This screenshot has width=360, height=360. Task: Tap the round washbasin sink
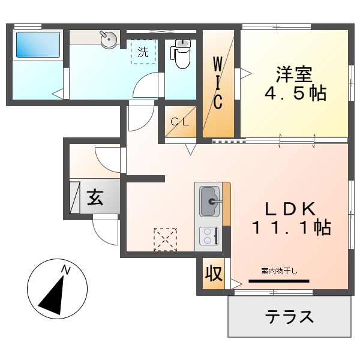(108, 40)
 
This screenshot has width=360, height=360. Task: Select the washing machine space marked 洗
(143, 52)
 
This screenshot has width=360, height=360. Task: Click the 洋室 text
(294, 74)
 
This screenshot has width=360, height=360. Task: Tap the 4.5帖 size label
(295, 94)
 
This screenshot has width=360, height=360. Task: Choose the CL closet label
(180, 121)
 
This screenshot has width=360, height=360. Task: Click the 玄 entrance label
(95, 197)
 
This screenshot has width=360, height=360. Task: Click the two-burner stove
(208, 236)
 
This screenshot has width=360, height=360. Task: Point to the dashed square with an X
(166, 238)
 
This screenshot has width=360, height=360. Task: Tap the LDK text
(290, 208)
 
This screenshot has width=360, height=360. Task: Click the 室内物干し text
(278, 271)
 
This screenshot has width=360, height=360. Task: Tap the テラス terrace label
(290, 316)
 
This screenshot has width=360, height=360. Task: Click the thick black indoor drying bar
(278, 280)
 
